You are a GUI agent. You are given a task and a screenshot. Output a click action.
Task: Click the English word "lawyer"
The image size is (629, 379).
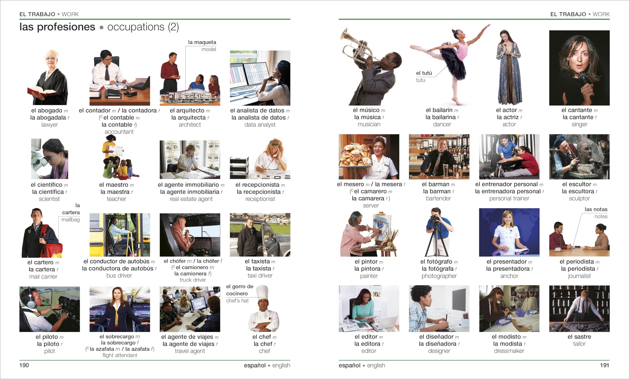pyautogui.click(x=50, y=125)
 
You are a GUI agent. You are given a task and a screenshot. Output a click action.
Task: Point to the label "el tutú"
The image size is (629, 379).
pyautogui.click(x=424, y=73)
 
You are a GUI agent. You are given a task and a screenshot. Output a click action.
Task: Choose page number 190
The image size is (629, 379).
pyautogui.click(x=24, y=365)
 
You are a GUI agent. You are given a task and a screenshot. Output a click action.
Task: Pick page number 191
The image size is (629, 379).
pyautogui.click(x=604, y=365)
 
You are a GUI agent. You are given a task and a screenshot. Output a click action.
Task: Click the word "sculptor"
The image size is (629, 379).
pyautogui.click(x=579, y=198)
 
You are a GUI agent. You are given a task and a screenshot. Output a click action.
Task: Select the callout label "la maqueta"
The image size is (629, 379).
pyautogui.click(x=202, y=42)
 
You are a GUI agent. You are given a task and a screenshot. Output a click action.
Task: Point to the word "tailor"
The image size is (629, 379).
pyautogui.click(x=579, y=344)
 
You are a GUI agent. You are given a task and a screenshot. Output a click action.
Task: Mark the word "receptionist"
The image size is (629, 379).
pyautogui.click(x=260, y=199)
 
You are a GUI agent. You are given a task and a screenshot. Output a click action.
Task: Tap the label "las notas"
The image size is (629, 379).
pyautogui.click(x=596, y=210)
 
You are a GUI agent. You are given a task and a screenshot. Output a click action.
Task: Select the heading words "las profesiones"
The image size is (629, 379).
pyautogui.click(x=57, y=27)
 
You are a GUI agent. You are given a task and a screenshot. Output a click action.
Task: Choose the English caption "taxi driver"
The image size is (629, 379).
pyautogui.click(x=260, y=276)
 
